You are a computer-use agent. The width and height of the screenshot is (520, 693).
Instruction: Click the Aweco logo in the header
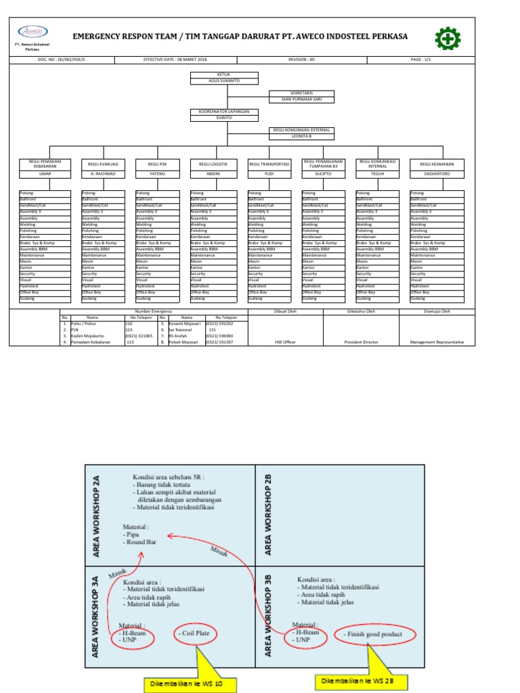[32, 32]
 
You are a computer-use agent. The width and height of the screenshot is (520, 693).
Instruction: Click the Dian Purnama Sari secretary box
[301, 99]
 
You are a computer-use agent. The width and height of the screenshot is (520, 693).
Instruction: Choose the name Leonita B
[301, 136]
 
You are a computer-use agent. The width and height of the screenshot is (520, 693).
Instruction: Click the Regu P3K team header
[157, 164]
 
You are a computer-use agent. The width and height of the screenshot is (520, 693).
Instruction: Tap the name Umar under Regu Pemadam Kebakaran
[46, 174]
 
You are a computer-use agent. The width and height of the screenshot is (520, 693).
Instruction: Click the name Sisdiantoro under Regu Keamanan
[437, 174]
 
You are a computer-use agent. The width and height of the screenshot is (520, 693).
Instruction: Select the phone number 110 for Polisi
[129, 324]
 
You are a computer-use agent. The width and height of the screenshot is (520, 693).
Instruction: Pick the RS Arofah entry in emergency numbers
[179, 336]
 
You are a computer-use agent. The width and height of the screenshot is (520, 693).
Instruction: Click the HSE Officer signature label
[285, 342]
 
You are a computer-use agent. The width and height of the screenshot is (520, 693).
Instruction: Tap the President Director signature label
[361, 342]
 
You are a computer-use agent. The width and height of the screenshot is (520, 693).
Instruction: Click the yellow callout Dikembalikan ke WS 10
[193, 685]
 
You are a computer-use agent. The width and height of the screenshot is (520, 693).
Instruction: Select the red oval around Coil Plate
[196, 634]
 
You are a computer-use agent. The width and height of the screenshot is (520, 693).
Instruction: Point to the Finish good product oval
[372, 634]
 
